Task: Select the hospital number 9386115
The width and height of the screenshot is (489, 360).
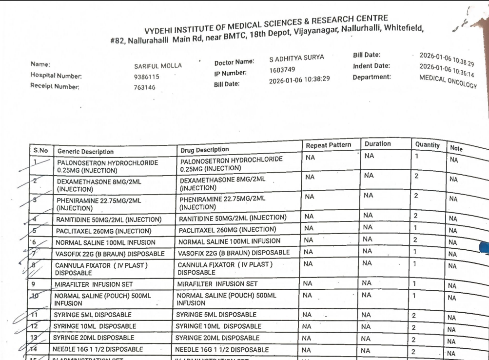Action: pos(147,77)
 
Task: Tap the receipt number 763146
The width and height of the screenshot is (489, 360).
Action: pos(145,88)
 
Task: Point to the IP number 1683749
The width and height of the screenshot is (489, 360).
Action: pos(282,70)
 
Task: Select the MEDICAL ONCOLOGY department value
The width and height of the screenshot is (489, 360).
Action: pos(448,81)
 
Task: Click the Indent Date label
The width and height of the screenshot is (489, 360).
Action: pos(371,66)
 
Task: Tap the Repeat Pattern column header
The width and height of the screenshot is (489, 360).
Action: pos(328,145)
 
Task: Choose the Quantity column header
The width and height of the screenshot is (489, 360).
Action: pos(427,145)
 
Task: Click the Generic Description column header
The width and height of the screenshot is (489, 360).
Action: pos(85,152)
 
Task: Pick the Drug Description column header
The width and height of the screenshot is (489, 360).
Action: pos(204,150)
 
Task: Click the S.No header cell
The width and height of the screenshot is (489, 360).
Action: pos(40,151)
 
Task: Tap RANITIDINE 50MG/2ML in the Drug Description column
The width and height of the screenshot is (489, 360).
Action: pos(233,218)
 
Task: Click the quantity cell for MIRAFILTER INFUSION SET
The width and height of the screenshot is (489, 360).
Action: pos(414,284)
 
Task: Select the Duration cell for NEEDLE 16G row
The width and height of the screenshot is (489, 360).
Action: pos(366,350)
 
